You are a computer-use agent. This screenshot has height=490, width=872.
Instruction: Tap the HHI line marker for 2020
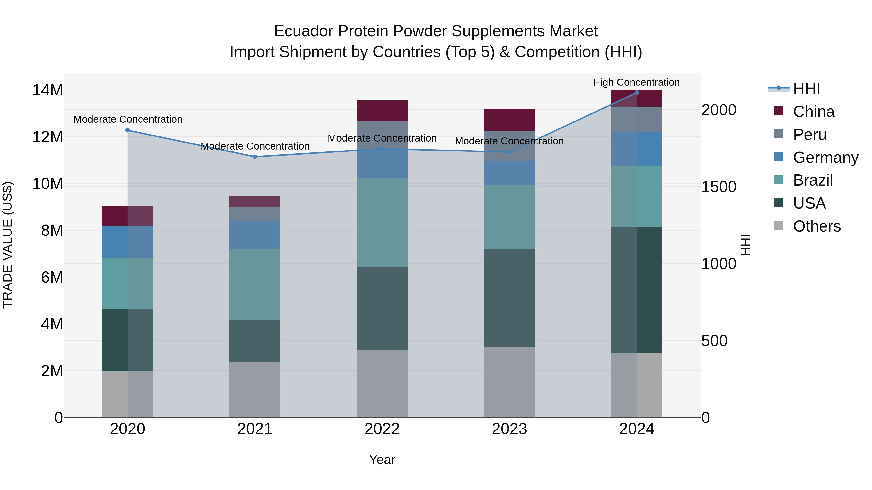coord(128,130)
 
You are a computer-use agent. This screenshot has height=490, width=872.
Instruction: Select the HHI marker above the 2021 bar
coord(255,157)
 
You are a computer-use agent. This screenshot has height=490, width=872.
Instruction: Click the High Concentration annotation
coord(636,82)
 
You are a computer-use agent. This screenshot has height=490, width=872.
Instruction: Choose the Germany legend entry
coord(825,158)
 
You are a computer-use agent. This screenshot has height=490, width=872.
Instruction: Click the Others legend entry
coord(817,226)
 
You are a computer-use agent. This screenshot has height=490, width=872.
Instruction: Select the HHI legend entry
coord(806,89)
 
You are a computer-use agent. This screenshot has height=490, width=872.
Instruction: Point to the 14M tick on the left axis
coord(47,90)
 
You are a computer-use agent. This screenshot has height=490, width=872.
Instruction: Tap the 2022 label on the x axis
coord(382,429)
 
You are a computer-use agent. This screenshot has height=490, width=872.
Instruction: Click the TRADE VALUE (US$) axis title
coord(8,245)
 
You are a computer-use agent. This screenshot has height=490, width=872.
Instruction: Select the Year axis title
coord(382,460)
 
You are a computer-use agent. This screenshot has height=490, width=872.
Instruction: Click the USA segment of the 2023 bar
coord(509,298)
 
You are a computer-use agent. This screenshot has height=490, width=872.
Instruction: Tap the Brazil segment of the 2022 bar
coord(382,223)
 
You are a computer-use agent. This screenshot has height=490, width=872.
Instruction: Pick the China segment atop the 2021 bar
coord(255,202)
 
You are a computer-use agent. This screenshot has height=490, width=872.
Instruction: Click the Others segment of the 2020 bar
coord(128,394)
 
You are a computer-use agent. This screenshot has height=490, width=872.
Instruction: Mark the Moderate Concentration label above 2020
coord(128,119)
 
